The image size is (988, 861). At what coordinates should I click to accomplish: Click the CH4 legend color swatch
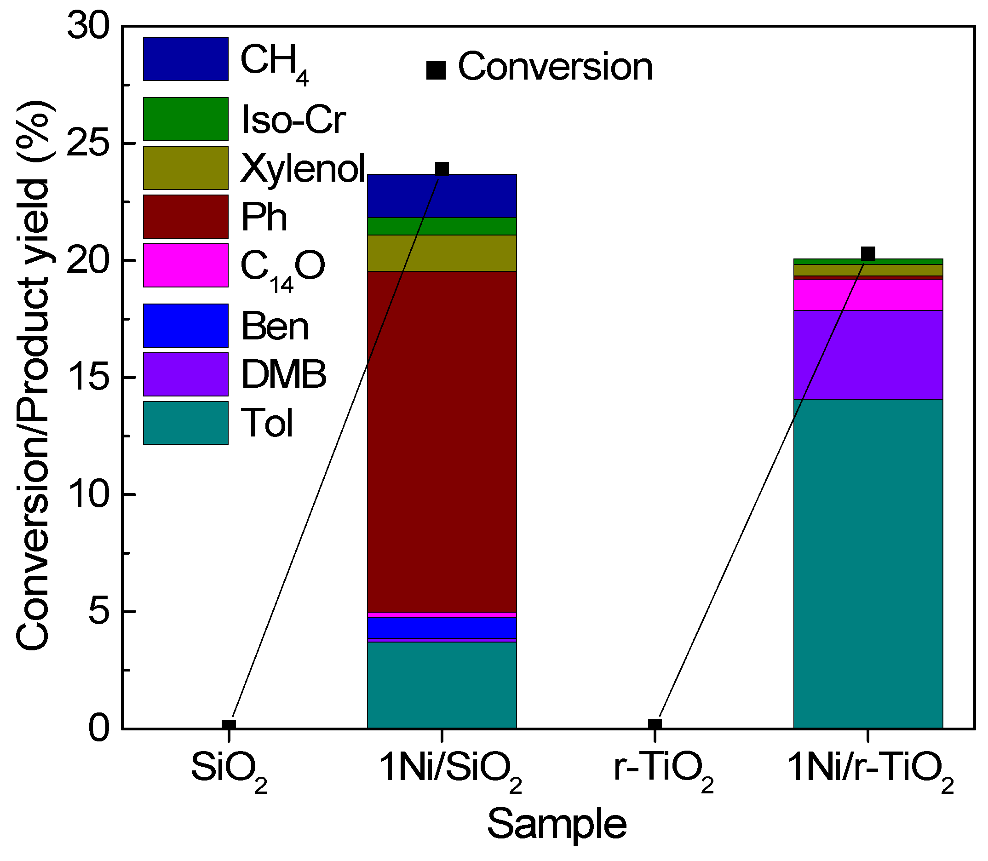click(185, 58)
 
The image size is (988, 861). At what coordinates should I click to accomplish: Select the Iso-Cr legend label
click(293, 120)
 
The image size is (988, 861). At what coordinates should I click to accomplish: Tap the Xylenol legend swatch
click(185, 168)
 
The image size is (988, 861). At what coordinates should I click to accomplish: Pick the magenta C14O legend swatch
click(185, 265)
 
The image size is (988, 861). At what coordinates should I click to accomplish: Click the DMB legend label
click(283, 374)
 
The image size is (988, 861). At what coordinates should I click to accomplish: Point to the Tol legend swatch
click(185, 423)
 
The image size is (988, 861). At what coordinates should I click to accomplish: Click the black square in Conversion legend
click(436, 70)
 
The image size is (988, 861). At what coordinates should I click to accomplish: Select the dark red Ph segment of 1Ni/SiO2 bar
click(441, 442)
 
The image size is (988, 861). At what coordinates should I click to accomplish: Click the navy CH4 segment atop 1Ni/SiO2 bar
click(441, 196)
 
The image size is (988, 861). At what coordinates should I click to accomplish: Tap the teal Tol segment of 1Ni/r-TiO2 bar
click(867, 562)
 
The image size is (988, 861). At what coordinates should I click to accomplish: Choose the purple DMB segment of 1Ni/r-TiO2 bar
click(867, 355)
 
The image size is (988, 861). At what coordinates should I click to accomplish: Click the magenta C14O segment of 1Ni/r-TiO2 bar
click(867, 294)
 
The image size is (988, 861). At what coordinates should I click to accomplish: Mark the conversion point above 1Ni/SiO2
click(441, 170)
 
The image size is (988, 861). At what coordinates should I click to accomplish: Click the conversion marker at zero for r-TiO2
click(655, 725)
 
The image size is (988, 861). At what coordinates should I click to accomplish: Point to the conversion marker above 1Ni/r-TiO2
click(867, 254)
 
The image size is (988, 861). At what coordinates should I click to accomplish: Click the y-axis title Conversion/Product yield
click(34, 375)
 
